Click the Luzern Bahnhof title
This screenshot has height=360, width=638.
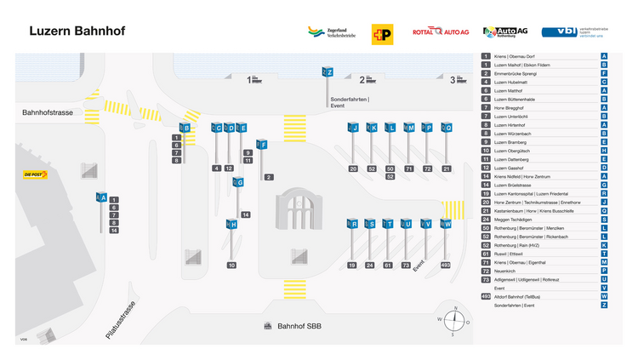(x=77, y=31)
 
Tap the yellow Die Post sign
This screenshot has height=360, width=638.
(x=35, y=174)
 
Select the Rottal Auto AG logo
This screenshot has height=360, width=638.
(x=440, y=32)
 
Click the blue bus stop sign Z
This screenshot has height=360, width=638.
(x=328, y=72)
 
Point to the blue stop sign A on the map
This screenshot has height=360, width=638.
(x=101, y=197)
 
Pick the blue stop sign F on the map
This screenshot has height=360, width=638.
(x=263, y=145)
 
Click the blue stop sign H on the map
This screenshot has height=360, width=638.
(x=231, y=225)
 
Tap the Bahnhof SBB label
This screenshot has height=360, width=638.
(x=301, y=326)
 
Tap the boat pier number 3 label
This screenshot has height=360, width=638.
(x=453, y=80)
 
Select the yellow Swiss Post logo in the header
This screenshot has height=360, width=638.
(x=382, y=33)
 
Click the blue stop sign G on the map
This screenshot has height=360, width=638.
(x=239, y=182)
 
